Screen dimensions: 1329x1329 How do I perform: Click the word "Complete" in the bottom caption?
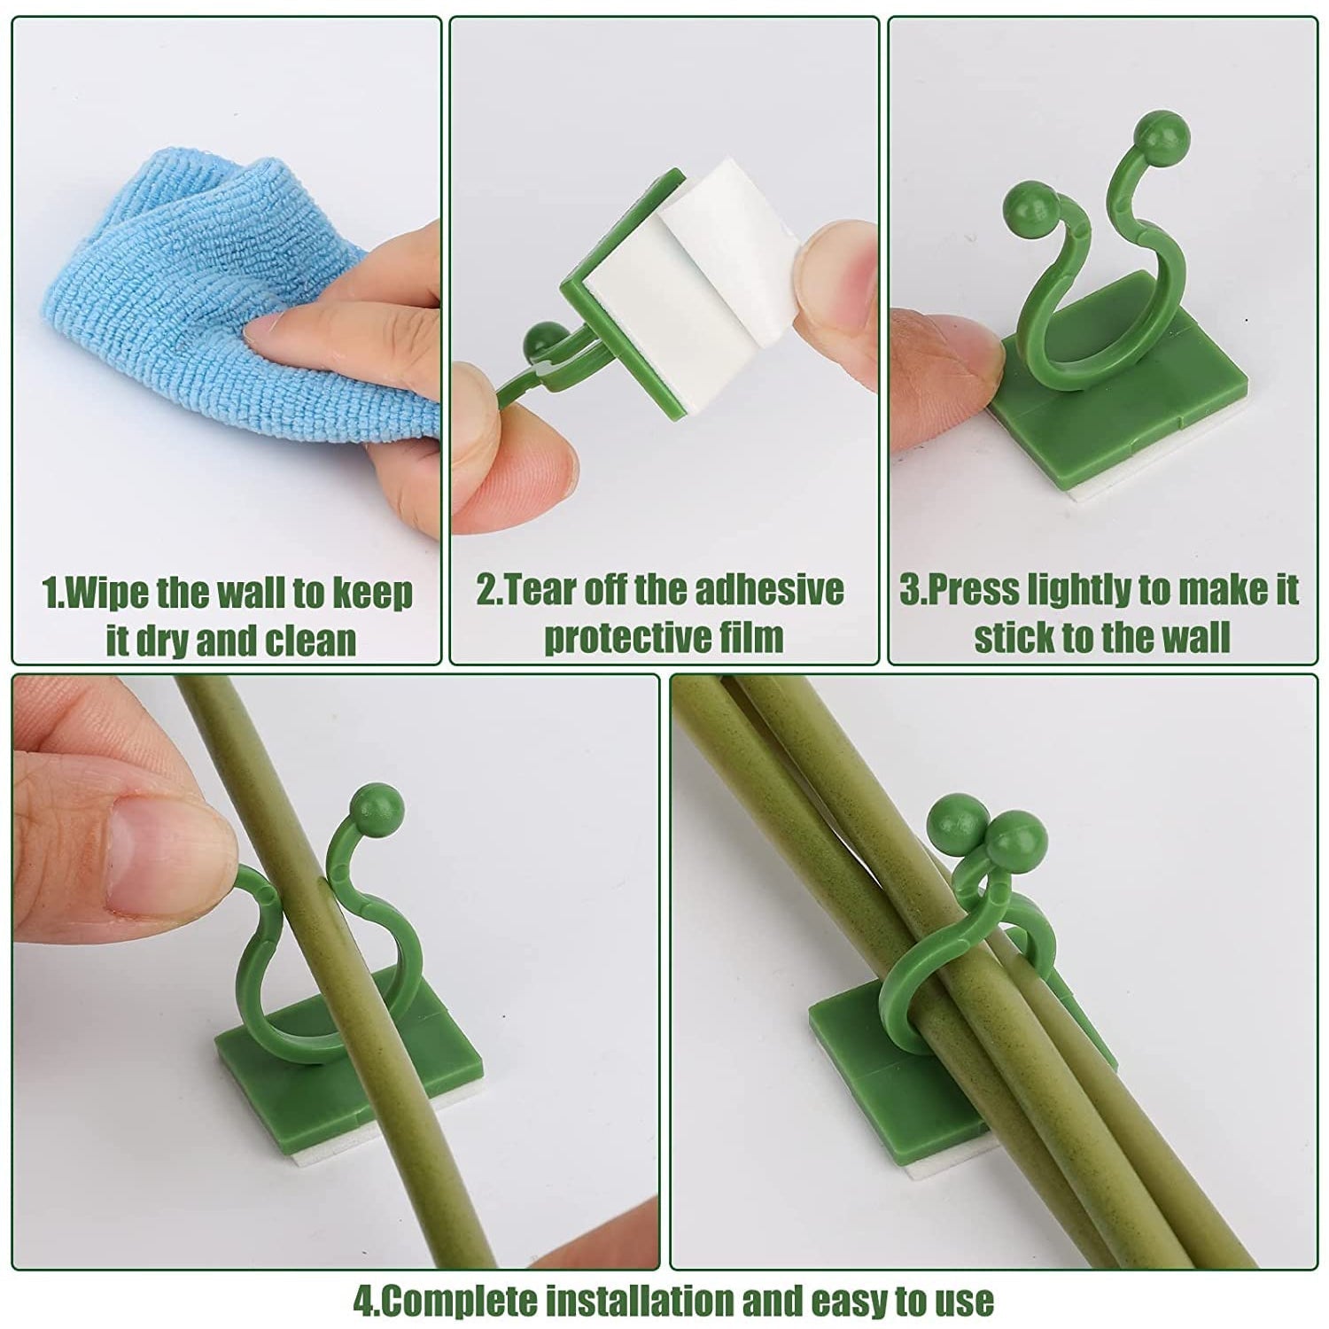point(461,1301)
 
